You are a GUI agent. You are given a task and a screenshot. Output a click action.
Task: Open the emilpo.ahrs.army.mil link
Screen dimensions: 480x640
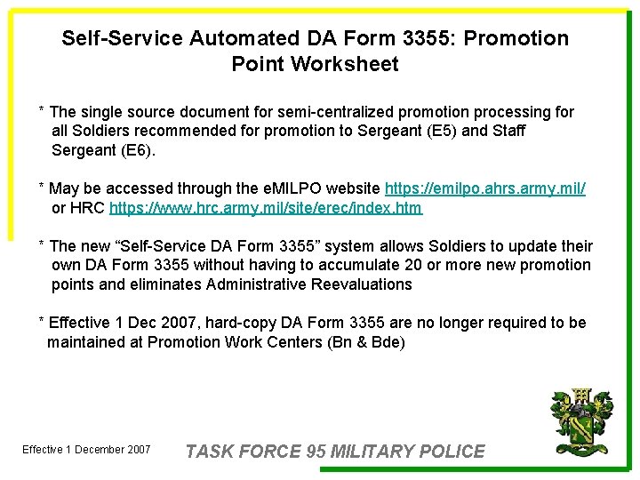click(x=485, y=188)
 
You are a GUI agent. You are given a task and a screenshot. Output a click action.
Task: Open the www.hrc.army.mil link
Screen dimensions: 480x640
click(x=266, y=208)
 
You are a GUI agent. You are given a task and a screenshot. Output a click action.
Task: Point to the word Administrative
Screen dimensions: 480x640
click(x=258, y=284)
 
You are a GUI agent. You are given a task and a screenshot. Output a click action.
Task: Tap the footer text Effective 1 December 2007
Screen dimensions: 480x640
click(x=86, y=450)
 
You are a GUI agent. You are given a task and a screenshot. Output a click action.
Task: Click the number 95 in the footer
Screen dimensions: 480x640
click(x=316, y=452)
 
